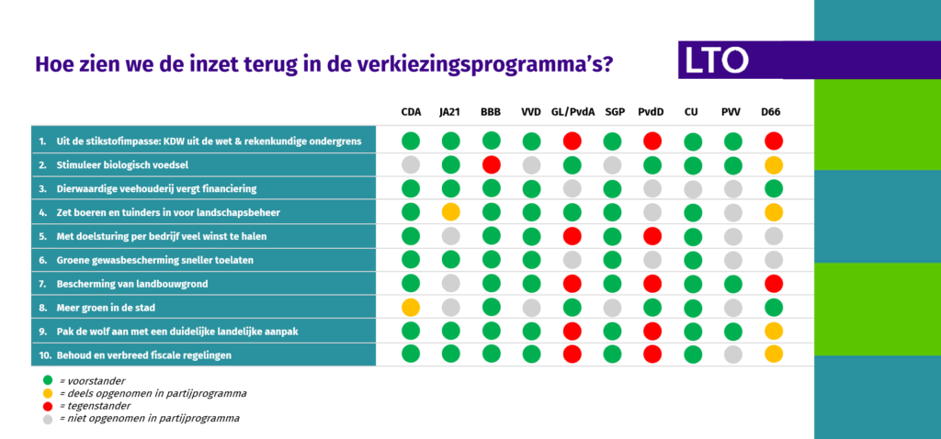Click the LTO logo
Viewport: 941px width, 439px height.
coord(717,62)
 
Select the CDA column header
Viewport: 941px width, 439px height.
coord(411,113)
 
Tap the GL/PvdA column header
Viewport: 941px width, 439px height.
coord(572,113)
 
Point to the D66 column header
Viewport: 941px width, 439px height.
coord(772,113)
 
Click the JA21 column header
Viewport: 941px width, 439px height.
coord(450,113)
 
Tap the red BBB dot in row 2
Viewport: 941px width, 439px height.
coord(491,165)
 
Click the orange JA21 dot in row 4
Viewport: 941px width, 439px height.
coord(450,212)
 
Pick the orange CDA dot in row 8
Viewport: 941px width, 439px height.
coord(411,307)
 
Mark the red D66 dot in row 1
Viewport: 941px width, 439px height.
coord(774,141)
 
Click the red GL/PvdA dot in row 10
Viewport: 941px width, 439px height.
coord(572,354)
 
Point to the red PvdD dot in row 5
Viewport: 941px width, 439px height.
coord(652,236)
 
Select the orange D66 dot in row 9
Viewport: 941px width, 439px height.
coord(774,331)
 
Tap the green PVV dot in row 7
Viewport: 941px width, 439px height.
coord(732,283)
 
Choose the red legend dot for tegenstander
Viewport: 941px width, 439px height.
coord(48,405)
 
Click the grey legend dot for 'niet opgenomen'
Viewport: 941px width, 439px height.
coord(48,418)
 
